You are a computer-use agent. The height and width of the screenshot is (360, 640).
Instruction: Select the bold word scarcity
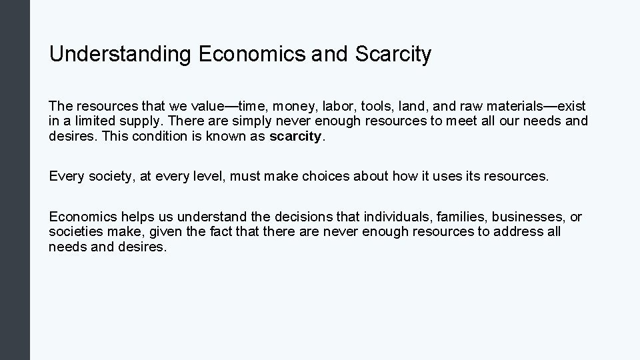pos(295,137)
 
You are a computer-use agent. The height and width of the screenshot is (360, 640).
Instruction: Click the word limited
pos(91,122)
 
